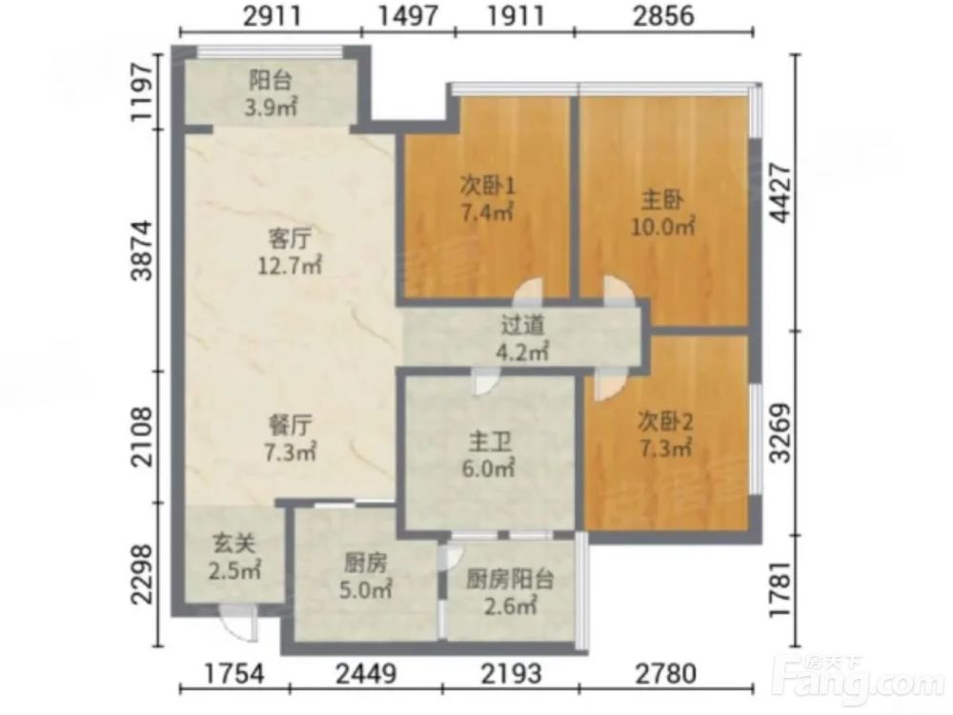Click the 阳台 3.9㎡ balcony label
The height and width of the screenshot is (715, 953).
tap(271, 94)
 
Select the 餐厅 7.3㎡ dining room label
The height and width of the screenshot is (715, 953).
tap(290, 439)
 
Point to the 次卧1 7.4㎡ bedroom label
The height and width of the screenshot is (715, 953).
tap(487, 199)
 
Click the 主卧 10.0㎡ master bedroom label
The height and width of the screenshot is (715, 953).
tap(662, 213)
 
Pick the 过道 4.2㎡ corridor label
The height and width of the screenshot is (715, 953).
tap(523, 338)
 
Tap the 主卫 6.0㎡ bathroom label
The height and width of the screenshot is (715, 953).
tap(489, 455)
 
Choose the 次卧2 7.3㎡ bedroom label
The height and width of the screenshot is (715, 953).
tap(665, 434)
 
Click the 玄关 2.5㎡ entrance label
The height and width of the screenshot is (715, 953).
tap(234, 557)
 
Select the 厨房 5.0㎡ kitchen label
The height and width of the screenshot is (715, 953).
tap(365, 576)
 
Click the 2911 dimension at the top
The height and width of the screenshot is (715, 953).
tap(273, 16)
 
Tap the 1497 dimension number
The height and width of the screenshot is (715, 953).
tap(408, 16)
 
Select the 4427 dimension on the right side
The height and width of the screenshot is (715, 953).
tap(781, 194)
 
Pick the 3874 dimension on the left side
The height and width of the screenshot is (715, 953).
tap(144, 250)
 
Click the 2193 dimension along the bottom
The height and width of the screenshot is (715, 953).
tap(511, 674)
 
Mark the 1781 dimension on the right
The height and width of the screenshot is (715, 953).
tap(781, 590)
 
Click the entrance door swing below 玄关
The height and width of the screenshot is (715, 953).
tap(238, 622)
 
